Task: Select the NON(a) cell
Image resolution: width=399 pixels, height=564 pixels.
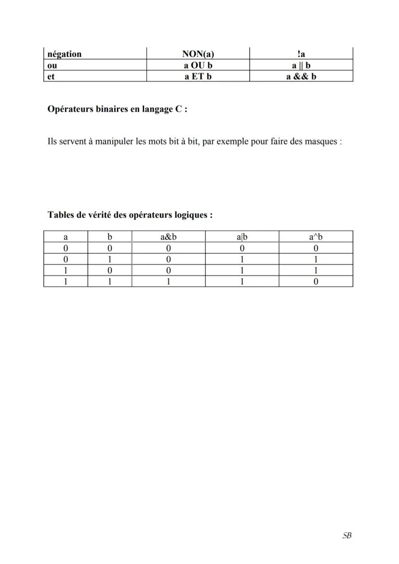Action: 198,54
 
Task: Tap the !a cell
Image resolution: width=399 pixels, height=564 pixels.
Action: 301,54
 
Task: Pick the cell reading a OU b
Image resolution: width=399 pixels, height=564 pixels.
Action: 198,65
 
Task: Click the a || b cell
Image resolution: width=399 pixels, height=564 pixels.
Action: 301,65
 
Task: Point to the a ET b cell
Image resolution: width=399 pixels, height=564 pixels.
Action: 198,76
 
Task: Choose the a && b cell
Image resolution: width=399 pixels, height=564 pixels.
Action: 301,76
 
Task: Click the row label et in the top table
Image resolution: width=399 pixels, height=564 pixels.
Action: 51,76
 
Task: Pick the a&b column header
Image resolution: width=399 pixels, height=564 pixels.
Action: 169,236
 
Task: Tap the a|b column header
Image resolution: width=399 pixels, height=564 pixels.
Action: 242,236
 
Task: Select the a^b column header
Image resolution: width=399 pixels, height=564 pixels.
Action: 316,236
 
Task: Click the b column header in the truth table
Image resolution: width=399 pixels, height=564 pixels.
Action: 110,236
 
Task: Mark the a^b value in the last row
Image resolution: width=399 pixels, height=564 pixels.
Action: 316,282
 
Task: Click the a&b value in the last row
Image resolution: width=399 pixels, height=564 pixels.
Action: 169,282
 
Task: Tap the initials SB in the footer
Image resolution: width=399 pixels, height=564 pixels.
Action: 346,536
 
